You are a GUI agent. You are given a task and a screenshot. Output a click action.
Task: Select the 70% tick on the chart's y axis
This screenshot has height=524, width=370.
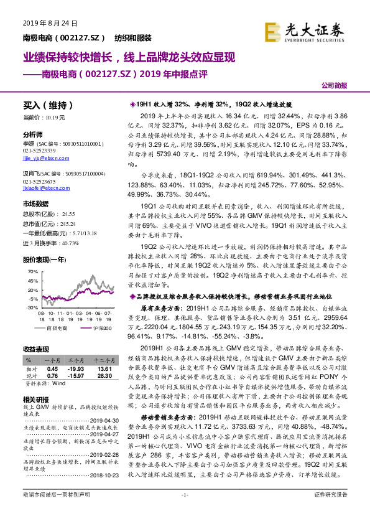(32, 272)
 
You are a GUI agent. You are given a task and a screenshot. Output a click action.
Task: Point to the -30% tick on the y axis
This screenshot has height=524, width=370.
(32, 307)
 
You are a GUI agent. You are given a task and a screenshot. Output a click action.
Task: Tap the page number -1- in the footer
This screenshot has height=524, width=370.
(184, 512)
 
